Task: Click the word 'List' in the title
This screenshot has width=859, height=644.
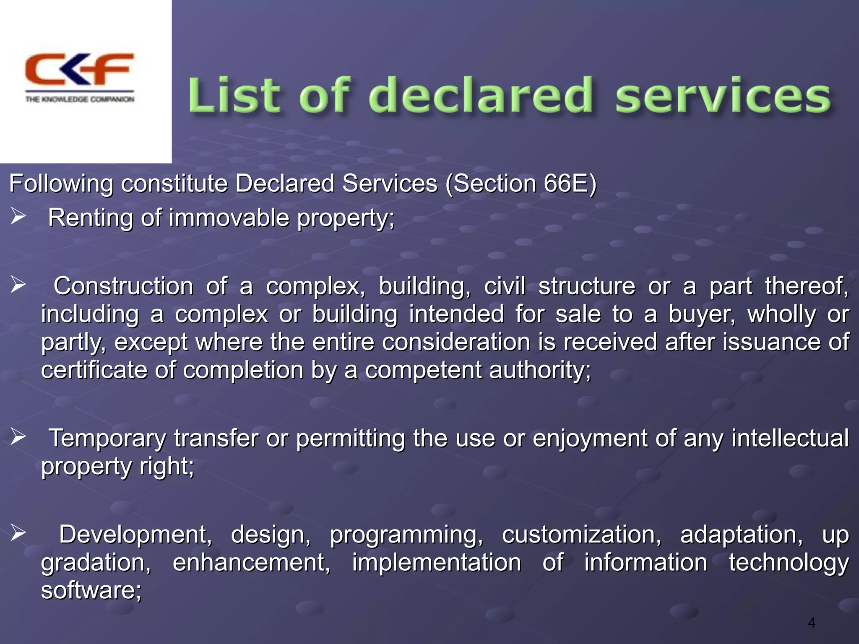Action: pos(233,96)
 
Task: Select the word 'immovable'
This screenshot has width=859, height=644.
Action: pos(229,218)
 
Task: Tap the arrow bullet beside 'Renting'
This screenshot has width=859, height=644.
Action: pos(18,216)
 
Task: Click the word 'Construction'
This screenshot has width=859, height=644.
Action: pos(123,286)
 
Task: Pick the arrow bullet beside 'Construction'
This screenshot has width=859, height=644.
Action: pos(18,285)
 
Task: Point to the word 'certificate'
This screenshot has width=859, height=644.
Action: pos(94,370)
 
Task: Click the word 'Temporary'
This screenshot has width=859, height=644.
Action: pos(107,439)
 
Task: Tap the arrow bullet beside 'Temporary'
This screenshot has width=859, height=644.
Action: pos(18,437)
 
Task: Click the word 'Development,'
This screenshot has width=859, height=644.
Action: pos(135,535)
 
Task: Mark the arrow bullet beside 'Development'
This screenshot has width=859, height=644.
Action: pos(18,533)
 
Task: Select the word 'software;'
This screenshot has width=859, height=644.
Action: pos(91,590)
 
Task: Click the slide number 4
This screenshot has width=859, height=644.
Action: pos(812,623)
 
